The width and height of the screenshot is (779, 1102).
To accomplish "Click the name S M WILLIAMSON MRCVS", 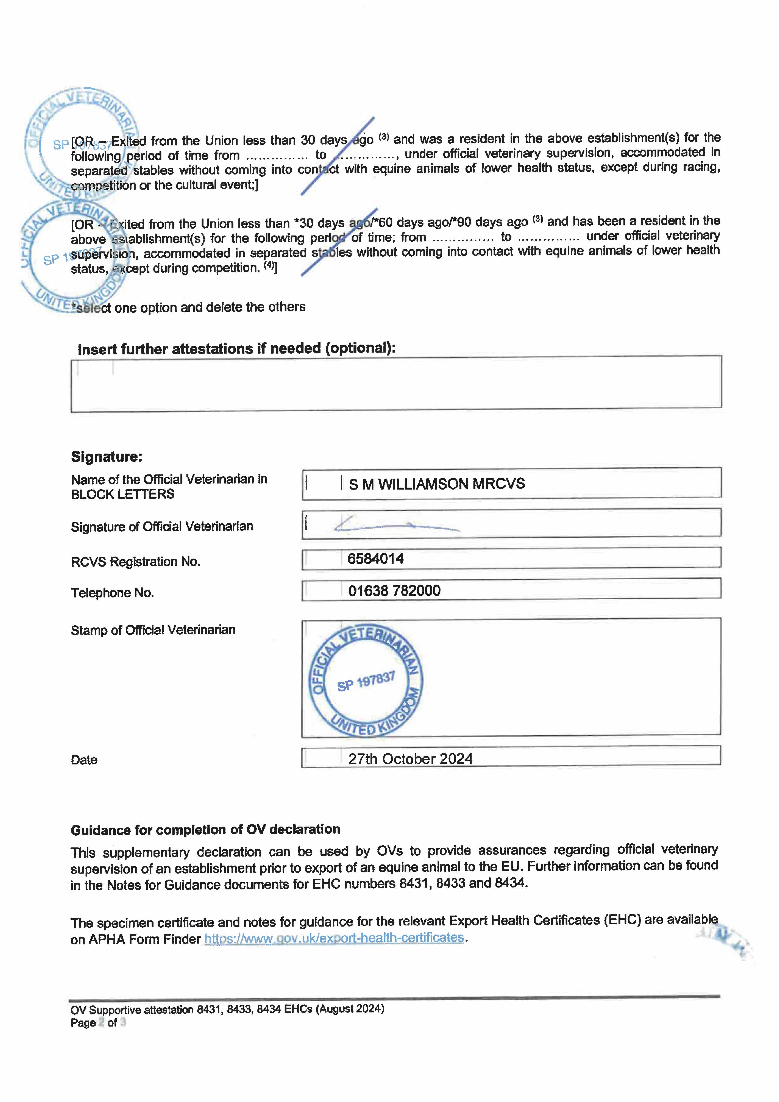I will tap(437, 484).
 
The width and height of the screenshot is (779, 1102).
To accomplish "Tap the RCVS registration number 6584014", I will tap(375, 559).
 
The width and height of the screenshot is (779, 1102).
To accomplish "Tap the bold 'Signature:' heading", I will tap(107, 456).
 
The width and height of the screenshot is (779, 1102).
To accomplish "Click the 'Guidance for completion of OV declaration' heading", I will tap(205, 829).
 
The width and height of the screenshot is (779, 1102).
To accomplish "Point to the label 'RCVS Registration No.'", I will tap(135, 562).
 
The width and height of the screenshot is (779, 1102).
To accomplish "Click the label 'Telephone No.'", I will tap(112, 593).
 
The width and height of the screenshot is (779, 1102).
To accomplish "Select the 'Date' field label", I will tap(84, 760).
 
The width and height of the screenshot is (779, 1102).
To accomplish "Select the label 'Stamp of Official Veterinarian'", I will tap(153, 630).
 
